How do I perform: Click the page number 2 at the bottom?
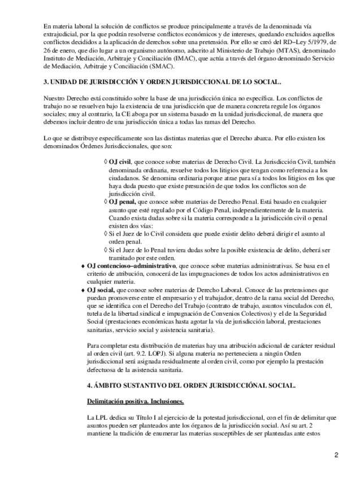[x=336, y=455]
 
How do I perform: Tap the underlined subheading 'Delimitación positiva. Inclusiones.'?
[x=135, y=402]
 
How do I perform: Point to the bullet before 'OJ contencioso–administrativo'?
[x=84, y=265]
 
